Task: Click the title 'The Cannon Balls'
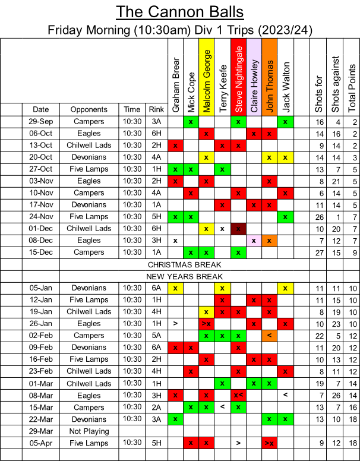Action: [x=179, y=12]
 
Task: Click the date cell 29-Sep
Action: [x=40, y=121]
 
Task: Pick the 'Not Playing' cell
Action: [x=89, y=431]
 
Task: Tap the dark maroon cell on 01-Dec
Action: [x=238, y=229]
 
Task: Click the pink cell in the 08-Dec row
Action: [x=254, y=241]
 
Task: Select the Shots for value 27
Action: [x=320, y=252]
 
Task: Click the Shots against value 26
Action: [x=336, y=396]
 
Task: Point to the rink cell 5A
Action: [x=156, y=336]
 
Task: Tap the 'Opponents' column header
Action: [x=89, y=109]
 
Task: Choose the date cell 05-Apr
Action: [x=40, y=443]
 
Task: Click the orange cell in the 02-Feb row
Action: [x=269, y=336]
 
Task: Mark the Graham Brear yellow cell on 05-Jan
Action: [x=175, y=288]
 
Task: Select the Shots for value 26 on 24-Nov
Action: [x=320, y=217]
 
